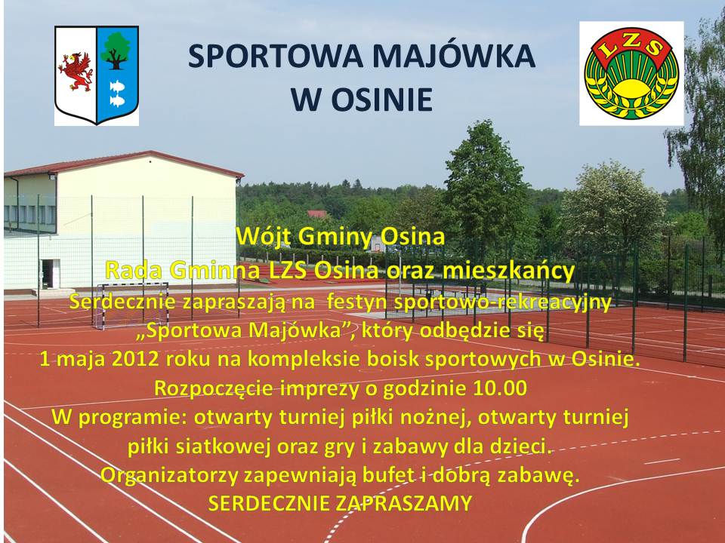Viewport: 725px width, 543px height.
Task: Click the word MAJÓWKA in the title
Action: [x=453, y=56]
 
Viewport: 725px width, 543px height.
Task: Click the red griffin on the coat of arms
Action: [x=76, y=72]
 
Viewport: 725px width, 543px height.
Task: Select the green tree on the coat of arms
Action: [x=116, y=50]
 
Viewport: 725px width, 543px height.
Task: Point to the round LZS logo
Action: [x=631, y=72]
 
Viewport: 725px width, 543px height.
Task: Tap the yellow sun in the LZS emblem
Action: [x=631, y=87]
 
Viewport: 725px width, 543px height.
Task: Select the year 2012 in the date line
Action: [x=135, y=359]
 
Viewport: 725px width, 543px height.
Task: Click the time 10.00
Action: [x=500, y=388]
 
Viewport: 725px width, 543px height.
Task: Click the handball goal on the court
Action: [x=131, y=305]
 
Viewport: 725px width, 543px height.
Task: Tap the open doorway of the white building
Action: [x=51, y=274]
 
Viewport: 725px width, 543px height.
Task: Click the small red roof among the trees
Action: [x=317, y=213]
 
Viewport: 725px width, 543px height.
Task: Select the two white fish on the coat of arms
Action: [x=117, y=93]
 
